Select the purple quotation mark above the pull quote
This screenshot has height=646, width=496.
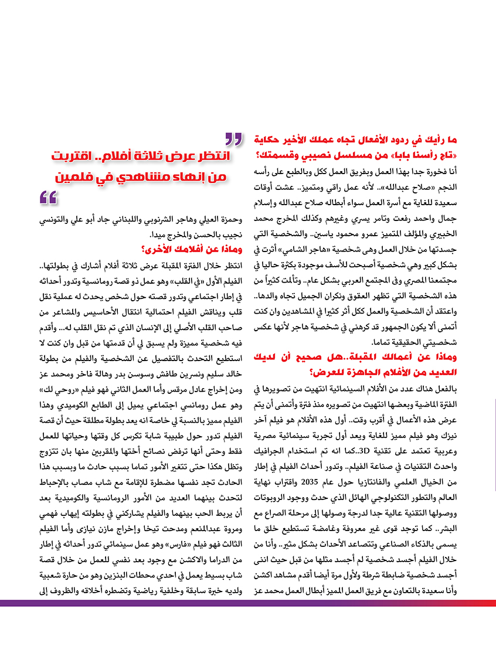pyautogui.click(x=233, y=140)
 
